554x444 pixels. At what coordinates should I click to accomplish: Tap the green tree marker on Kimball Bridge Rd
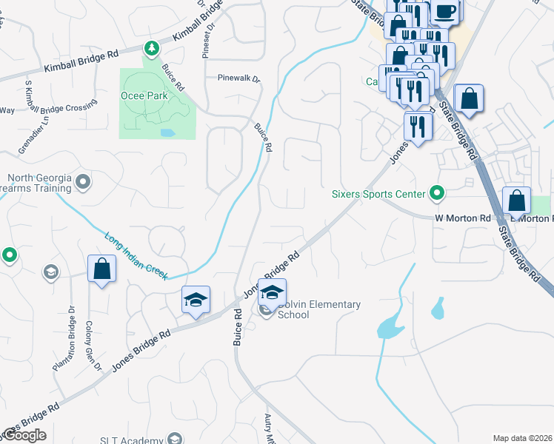(151, 48)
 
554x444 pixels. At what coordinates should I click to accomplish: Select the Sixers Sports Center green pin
(437, 195)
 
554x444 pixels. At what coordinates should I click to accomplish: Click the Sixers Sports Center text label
(378, 195)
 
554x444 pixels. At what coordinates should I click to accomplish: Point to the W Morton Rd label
(463, 218)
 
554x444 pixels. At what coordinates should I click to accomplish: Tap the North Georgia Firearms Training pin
(83, 181)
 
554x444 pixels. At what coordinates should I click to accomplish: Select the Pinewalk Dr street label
(239, 78)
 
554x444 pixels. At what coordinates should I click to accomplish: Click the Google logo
(24, 435)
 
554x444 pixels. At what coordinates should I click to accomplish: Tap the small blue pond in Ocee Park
(167, 134)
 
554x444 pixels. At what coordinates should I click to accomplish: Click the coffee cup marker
(445, 11)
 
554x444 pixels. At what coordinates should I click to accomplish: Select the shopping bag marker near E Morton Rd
(516, 201)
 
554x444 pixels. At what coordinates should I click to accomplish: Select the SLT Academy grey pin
(175, 440)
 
